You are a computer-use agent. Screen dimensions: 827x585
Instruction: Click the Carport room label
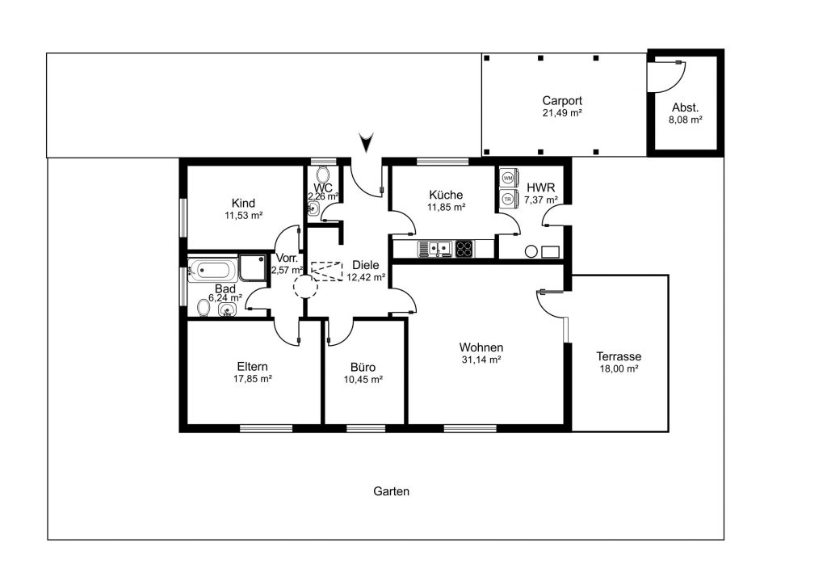click(x=562, y=100)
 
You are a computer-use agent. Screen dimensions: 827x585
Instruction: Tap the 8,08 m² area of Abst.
click(x=686, y=120)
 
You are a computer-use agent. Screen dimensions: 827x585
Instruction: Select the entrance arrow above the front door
click(x=366, y=142)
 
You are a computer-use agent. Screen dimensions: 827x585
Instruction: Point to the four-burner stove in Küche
click(x=464, y=249)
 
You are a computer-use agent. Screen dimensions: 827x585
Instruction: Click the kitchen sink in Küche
click(x=435, y=249)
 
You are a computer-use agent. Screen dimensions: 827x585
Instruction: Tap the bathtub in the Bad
click(x=212, y=271)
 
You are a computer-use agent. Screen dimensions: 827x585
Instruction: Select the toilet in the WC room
click(x=323, y=174)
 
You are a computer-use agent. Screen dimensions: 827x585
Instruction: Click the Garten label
click(x=392, y=491)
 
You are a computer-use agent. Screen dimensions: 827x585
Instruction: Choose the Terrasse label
click(x=619, y=356)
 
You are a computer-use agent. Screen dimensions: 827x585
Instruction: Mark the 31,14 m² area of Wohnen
click(x=481, y=360)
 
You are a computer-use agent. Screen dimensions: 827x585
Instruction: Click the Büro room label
click(x=363, y=367)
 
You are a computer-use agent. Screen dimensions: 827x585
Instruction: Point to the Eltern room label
click(x=252, y=366)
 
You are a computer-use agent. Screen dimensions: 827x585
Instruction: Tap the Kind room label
click(x=243, y=203)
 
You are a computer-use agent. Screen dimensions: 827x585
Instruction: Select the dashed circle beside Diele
click(x=306, y=286)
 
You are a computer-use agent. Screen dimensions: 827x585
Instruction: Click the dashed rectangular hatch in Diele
click(x=326, y=271)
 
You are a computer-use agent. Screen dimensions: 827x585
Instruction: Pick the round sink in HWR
click(x=531, y=251)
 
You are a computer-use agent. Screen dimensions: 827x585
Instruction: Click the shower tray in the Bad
click(x=253, y=268)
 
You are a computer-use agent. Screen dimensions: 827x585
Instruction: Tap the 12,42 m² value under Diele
click(x=366, y=277)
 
